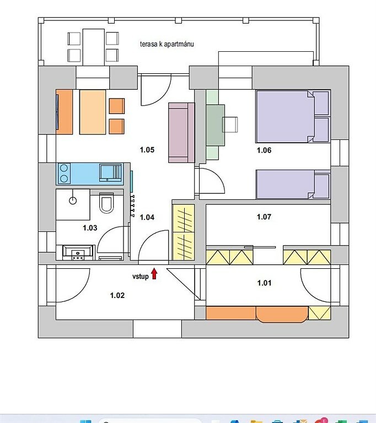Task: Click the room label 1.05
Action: click(147, 150)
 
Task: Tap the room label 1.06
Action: click(264, 150)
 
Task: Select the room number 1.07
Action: click(264, 217)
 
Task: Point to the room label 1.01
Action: click(264, 283)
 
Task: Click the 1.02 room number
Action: click(117, 295)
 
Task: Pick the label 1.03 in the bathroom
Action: click(90, 228)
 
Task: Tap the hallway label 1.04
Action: click(147, 217)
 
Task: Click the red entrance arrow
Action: click(154, 274)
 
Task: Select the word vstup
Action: click(141, 276)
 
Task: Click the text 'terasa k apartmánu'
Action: click(167, 44)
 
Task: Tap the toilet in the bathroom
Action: click(106, 203)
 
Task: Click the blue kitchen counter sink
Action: click(110, 172)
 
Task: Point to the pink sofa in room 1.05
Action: click(181, 133)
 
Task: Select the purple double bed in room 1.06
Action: click(293, 116)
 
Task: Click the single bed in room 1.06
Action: click(293, 185)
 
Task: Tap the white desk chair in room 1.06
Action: click(230, 124)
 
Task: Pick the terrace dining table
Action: click(94, 47)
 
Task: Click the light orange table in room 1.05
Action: click(93, 112)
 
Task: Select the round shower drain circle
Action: click(73, 200)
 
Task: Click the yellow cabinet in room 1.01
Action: click(319, 313)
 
